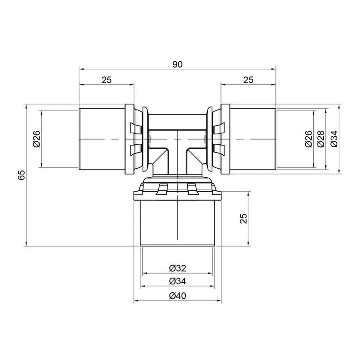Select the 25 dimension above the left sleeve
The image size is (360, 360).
[106, 80]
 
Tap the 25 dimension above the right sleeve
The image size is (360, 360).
[248, 80]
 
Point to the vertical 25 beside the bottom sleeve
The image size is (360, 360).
[244, 218]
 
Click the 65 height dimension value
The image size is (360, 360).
[22, 174]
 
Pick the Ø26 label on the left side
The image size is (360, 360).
[36, 139]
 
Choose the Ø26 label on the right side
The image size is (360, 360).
[308, 139]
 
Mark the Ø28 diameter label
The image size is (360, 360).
[320, 139]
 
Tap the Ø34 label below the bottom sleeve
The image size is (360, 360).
[178, 281]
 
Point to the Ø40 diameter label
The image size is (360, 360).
[178, 296]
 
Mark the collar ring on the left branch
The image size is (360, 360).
[129, 139]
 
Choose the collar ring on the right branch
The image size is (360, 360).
[225, 139]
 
